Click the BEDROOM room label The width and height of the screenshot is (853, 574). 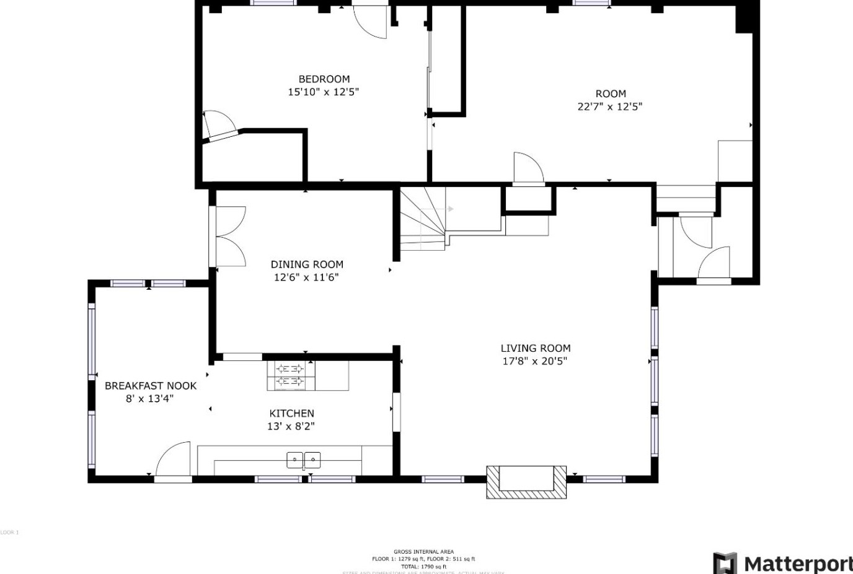324,79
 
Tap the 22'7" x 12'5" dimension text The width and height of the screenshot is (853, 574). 609,107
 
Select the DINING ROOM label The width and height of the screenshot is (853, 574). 307,264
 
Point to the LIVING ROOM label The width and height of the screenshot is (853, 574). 535,348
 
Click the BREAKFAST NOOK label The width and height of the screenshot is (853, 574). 150,386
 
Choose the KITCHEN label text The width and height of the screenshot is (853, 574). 291,413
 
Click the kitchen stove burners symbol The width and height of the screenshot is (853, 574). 290,375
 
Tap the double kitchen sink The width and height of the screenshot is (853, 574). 304,459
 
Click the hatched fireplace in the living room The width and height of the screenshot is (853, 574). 526,482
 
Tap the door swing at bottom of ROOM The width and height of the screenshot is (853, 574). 528,168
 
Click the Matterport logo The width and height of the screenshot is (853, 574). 782,563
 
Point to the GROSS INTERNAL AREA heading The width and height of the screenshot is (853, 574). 423,552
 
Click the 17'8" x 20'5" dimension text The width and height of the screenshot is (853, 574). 534,361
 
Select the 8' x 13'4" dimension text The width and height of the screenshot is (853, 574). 149,399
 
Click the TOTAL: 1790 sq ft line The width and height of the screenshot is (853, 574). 423,567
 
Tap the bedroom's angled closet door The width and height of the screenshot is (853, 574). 218,127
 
